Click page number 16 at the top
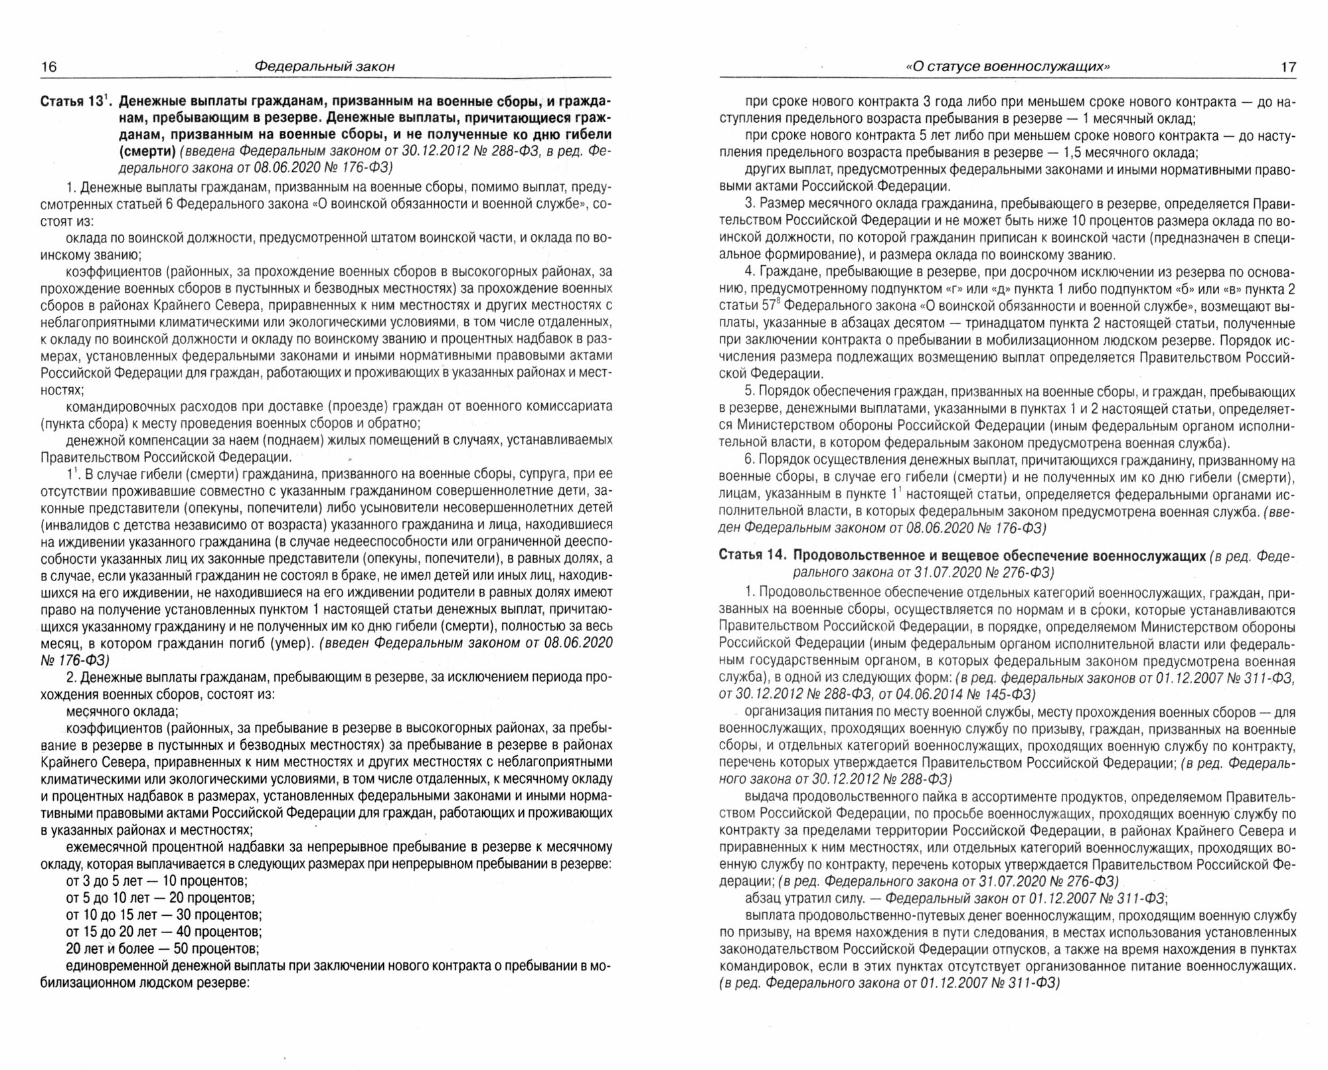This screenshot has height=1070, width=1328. point(49,66)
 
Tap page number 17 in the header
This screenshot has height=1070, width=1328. point(1288,66)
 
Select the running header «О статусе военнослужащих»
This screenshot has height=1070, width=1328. point(1008,66)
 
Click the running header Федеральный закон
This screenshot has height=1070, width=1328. point(325,66)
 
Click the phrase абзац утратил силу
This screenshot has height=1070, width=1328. point(801,899)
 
